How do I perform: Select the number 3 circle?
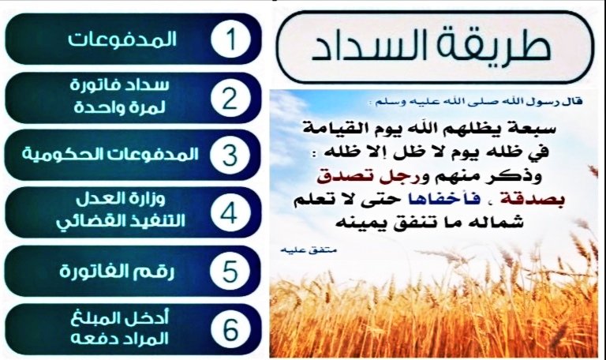[x=230, y=153]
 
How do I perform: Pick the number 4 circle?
[x=230, y=211]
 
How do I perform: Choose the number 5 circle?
[x=230, y=271]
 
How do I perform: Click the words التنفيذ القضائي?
[x=126, y=222]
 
